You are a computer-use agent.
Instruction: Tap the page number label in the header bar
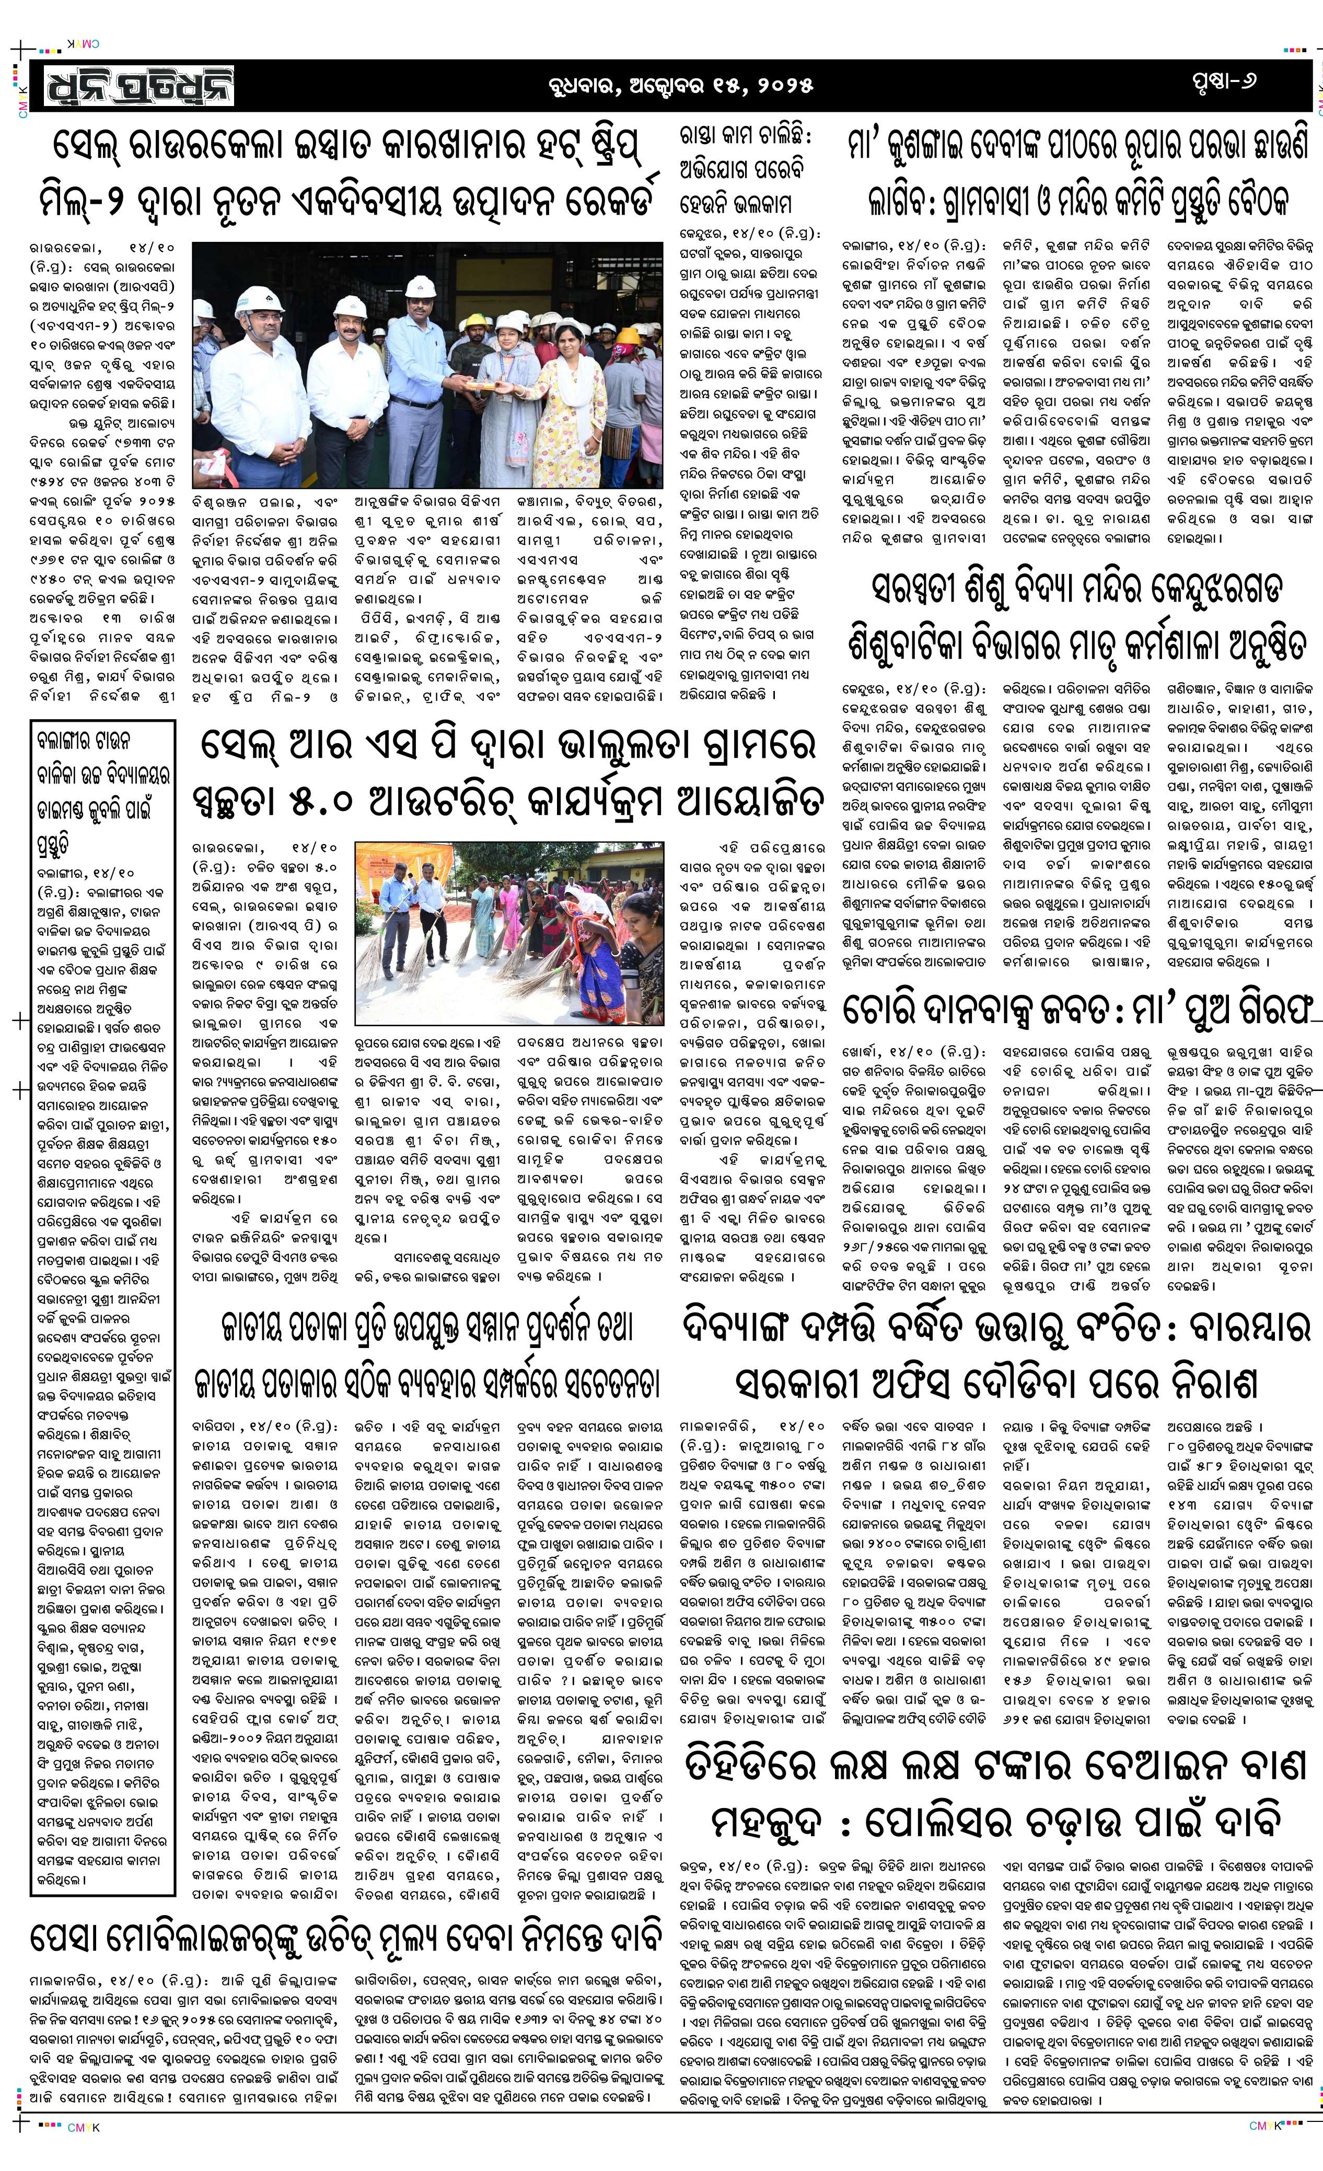tap(1221, 82)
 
